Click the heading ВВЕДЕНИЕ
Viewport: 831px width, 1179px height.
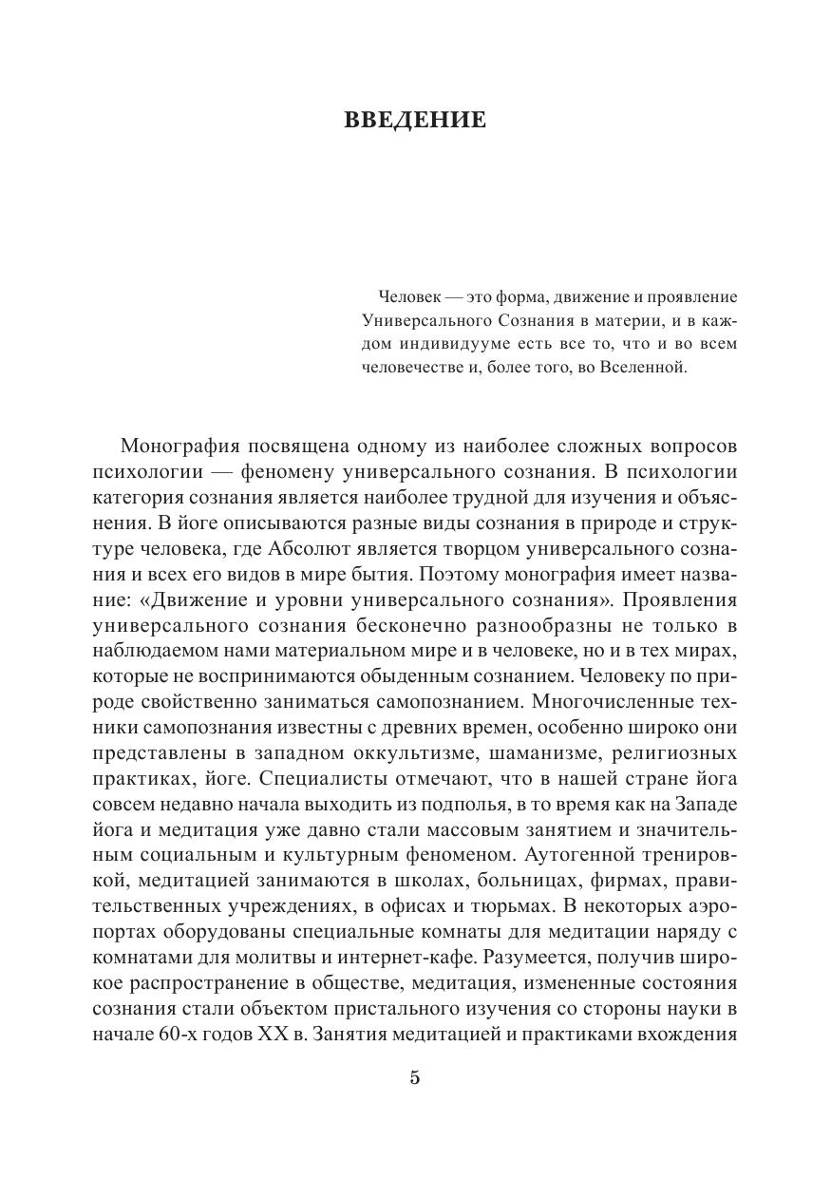point(414,121)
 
